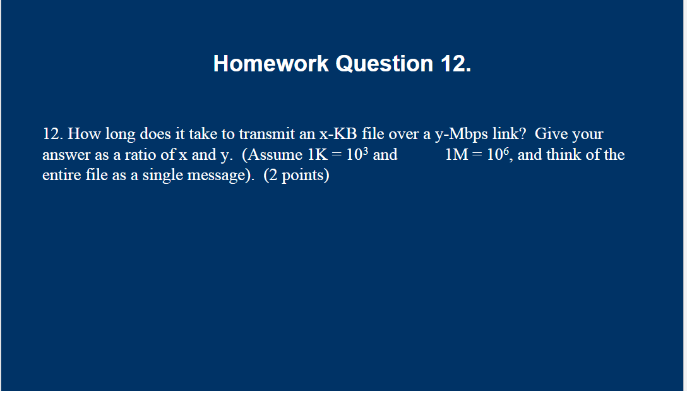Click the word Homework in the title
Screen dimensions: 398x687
tap(271, 64)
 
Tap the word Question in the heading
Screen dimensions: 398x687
tap(384, 64)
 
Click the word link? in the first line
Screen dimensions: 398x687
tap(510, 134)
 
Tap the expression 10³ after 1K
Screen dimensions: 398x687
tap(358, 155)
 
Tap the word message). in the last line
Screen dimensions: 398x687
tap(218, 176)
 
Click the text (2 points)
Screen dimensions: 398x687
tap(296, 176)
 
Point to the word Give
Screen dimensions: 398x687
tap(551, 134)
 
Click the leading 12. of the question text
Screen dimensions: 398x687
tap(52, 134)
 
